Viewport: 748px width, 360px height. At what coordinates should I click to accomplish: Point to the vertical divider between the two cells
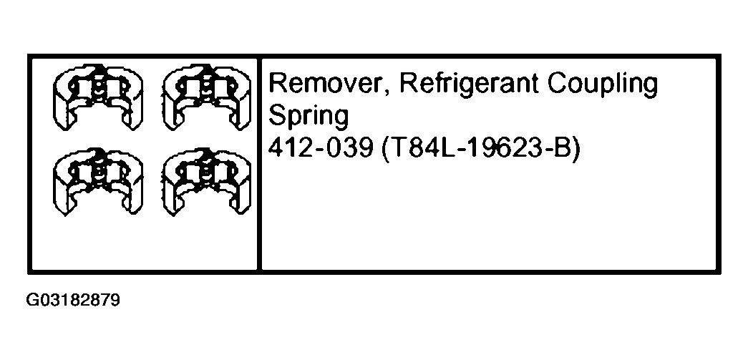pos(258,165)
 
